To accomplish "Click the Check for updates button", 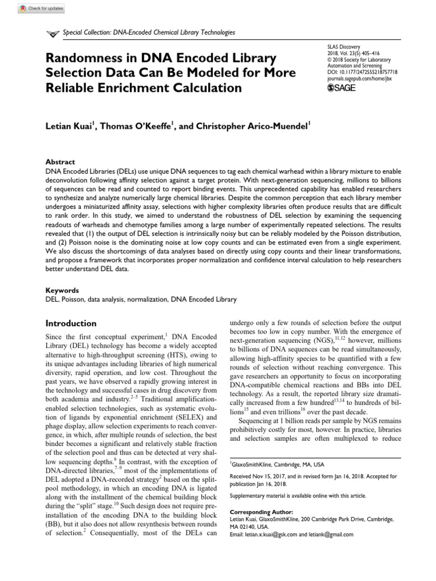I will [41, 9].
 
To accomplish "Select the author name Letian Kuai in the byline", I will [69, 127].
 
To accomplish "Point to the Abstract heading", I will [60, 162].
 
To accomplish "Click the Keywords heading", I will [62, 290].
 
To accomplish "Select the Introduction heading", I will [71, 323].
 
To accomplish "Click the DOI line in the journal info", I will [362, 73].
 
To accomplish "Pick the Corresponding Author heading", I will [261, 511].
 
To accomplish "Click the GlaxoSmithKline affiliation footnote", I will [277, 463].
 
